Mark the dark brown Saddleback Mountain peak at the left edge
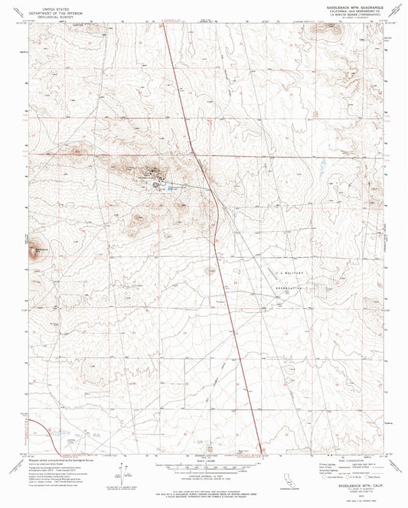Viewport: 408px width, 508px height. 34,249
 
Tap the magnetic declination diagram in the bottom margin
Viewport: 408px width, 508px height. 124,476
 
